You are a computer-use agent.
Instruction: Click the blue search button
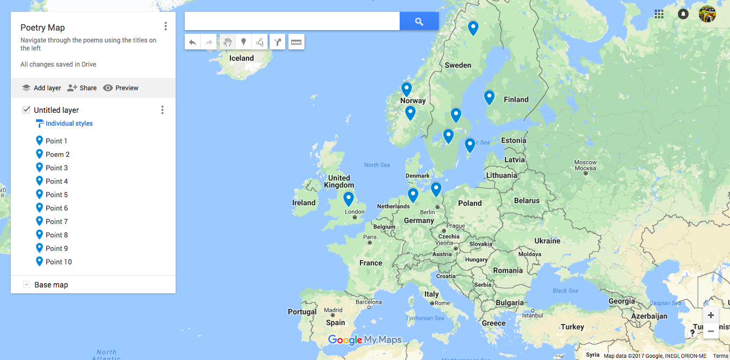(419, 21)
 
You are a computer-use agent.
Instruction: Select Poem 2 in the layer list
(57, 154)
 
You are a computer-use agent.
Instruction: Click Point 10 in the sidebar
(59, 262)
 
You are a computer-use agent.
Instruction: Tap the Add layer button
(41, 88)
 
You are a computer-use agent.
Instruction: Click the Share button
(82, 88)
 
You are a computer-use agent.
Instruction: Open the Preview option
(121, 88)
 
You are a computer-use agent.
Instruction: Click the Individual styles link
(69, 124)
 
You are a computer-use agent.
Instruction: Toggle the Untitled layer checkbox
(26, 110)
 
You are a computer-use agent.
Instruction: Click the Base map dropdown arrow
(26, 285)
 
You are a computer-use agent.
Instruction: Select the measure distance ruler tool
(297, 42)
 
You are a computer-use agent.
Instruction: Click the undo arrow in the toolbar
(192, 42)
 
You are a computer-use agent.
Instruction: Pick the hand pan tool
(228, 42)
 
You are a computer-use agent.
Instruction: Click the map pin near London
(349, 198)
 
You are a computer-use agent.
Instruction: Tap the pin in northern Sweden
(473, 27)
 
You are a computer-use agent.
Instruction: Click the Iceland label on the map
(241, 58)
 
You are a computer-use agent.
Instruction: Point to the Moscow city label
(585, 162)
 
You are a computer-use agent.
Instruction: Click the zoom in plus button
(711, 315)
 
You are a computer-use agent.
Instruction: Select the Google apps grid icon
(659, 14)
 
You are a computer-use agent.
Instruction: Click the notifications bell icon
(683, 14)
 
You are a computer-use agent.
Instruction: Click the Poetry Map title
(42, 27)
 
